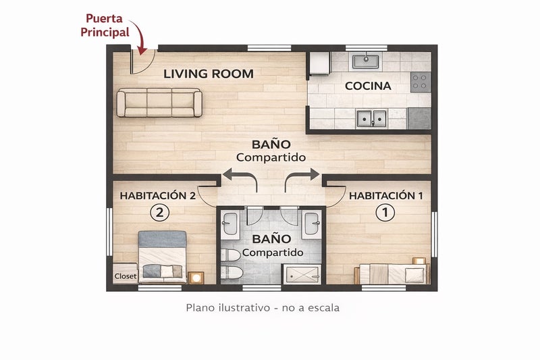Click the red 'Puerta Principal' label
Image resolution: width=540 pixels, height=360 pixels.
click(x=105, y=25)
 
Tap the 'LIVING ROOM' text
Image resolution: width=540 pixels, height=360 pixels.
click(x=209, y=74)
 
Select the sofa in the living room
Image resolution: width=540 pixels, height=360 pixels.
click(x=159, y=103)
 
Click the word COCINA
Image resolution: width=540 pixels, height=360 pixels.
click(x=368, y=86)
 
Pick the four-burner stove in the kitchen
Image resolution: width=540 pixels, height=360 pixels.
click(x=421, y=82)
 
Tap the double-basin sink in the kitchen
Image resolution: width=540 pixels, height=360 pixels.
click(x=371, y=118)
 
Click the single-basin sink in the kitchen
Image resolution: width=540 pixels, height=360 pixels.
click(x=365, y=61)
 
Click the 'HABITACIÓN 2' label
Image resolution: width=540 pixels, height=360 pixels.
click(x=158, y=196)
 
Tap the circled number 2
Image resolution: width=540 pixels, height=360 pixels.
click(x=159, y=213)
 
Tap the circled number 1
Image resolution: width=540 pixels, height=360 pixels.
click(x=385, y=213)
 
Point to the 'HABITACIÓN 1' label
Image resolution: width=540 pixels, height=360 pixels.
click(x=385, y=196)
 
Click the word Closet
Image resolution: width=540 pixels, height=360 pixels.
click(x=126, y=276)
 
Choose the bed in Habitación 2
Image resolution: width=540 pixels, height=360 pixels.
click(x=162, y=257)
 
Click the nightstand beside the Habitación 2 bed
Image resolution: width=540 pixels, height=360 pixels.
click(x=196, y=278)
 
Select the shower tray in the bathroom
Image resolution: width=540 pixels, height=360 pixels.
click(x=302, y=274)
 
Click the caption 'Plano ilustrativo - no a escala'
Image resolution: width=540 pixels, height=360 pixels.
click(x=263, y=307)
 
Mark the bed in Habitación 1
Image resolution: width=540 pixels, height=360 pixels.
click(x=392, y=274)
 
